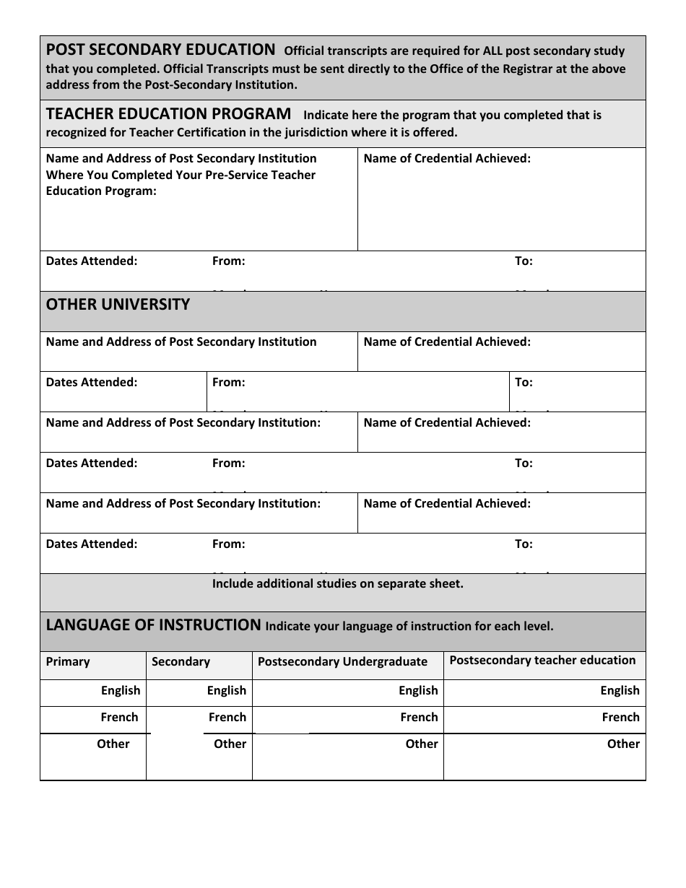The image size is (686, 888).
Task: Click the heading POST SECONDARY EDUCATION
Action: point(160,51)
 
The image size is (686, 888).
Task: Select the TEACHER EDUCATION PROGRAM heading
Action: point(168,114)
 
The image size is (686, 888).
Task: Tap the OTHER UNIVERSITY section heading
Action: point(118,305)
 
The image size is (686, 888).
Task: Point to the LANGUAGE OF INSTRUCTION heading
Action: point(153,625)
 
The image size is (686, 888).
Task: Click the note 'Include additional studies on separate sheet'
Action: point(337,583)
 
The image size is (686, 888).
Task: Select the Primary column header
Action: point(68,661)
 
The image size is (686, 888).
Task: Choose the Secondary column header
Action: point(181,661)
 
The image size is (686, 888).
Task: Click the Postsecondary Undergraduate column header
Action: point(342,661)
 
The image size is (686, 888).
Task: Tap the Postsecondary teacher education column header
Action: point(542,660)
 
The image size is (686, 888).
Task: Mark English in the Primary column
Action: point(121,690)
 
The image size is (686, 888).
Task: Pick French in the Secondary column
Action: point(227,717)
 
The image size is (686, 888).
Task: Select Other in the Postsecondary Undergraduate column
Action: point(421,744)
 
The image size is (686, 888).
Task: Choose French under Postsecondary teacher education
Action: point(620,717)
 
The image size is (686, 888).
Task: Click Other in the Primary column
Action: point(113,744)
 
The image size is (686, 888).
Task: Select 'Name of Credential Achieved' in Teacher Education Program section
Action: point(447,158)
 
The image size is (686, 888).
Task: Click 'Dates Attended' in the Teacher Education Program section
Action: point(92,261)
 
